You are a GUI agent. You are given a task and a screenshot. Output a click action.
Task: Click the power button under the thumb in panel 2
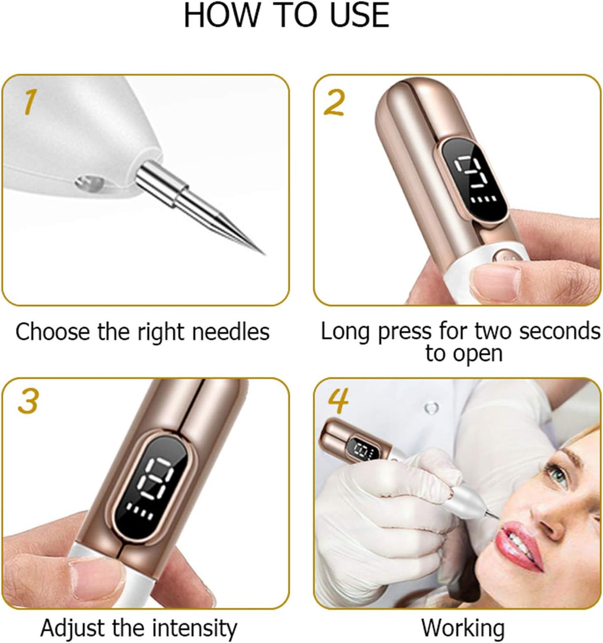(505, 257)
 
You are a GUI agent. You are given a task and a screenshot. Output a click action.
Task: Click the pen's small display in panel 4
(362, 450)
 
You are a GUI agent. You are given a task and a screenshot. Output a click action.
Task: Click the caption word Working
(463, 628)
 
